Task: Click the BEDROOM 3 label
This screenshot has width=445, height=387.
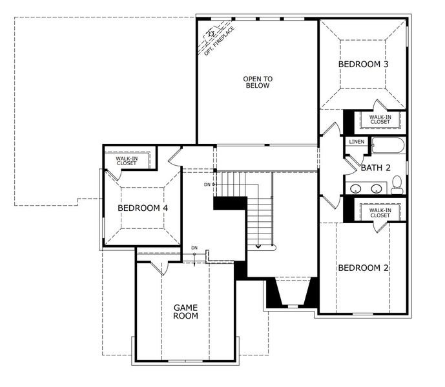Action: (364, 64)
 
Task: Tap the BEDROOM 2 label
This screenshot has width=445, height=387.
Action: (363, 268)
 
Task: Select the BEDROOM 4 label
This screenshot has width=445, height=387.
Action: (143, 208)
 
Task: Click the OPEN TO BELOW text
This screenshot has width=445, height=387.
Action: (258, 83)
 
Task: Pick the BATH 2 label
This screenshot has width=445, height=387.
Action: (376, 168)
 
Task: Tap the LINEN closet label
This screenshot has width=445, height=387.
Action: (356, 141)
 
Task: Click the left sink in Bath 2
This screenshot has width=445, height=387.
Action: (356, 189)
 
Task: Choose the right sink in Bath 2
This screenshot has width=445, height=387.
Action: (376, 189)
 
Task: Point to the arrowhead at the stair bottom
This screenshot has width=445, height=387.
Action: (258, 245)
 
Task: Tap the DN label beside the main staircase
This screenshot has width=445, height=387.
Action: (207, 185)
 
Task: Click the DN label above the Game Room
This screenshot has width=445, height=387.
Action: (194, 248)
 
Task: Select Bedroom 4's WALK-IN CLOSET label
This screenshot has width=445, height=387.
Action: (127, 160)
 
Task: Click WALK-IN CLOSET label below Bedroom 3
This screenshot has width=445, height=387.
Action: (380, 119)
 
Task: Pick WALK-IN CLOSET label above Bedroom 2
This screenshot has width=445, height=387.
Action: (380, 212)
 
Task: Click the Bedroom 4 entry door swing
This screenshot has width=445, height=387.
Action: (174, 157)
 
